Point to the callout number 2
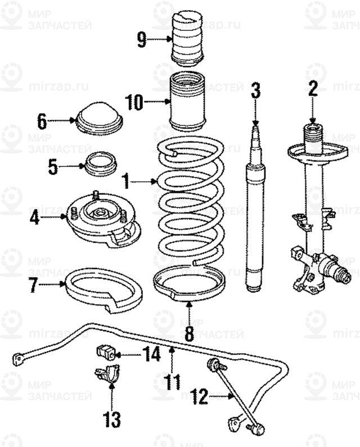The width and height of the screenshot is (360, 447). tap(313, 89)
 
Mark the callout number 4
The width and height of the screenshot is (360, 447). tap(35, 217)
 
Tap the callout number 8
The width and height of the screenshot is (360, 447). tap(189, 332)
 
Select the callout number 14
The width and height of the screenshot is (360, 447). tap(151, 354)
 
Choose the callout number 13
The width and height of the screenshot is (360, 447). tap(111, 418)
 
